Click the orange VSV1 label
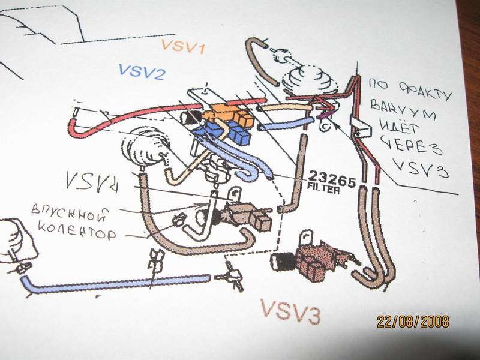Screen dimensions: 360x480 (183, 46)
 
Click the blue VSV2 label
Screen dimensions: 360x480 (142, 72)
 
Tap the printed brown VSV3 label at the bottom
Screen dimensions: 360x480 (289, 312)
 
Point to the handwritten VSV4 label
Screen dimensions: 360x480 (92, 180)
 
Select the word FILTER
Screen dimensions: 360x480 (324, 188)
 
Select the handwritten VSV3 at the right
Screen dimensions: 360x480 (427, 169)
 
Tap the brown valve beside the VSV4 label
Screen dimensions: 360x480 (246, 214)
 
